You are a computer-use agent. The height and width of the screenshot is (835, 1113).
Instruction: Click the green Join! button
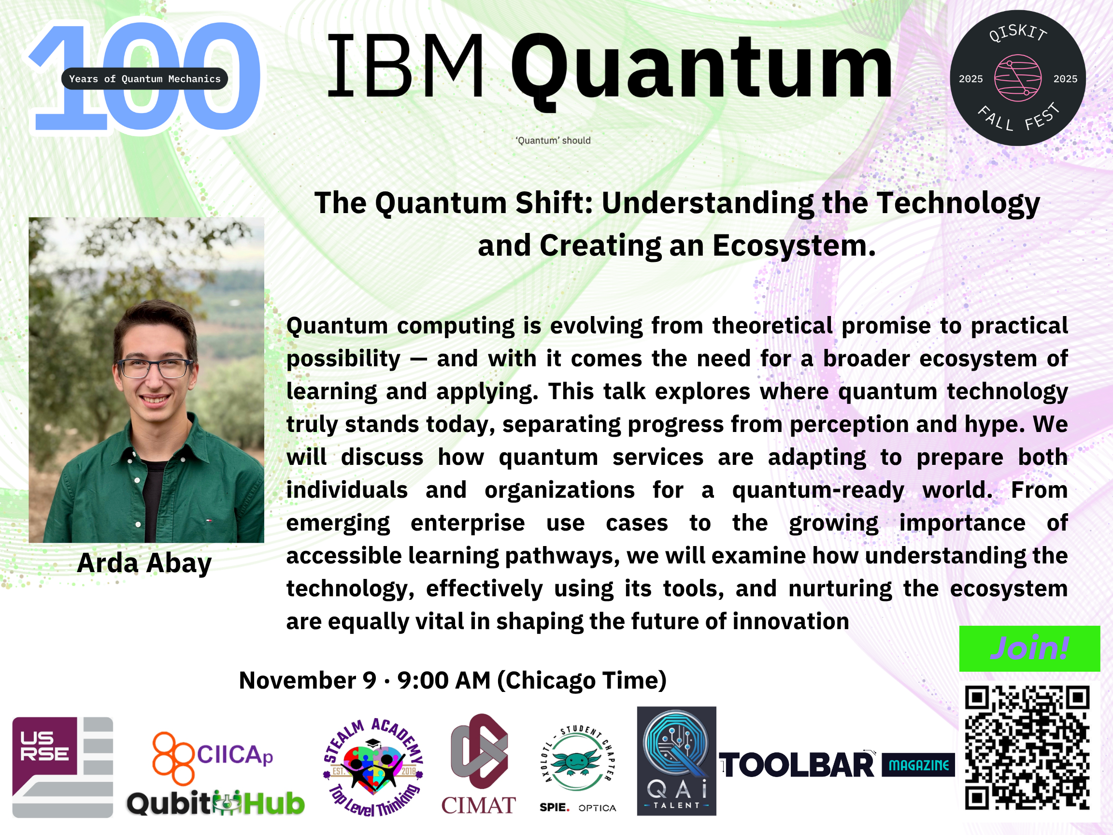(x=1029, y=648)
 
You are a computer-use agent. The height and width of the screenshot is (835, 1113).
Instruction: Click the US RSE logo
(x=62, y=767)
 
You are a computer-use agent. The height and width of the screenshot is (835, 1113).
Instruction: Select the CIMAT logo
(x=479, y=764)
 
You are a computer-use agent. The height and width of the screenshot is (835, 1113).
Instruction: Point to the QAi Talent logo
(x=676, y=761)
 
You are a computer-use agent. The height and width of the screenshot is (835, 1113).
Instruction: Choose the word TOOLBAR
(x=797, y=765)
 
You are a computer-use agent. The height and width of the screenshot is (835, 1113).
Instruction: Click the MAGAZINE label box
(x=918, y=765)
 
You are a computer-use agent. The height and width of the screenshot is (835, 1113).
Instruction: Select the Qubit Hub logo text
(x=216, y=803)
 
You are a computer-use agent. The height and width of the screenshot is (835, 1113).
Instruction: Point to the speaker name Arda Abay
(x=144, y=562)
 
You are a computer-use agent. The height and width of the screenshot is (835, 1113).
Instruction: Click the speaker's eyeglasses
(x=155, y=368)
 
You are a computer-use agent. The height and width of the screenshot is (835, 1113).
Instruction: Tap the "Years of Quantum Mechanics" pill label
(x=144, y=78)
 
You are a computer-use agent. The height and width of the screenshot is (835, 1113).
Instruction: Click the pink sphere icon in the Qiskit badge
(x=1018, y=78)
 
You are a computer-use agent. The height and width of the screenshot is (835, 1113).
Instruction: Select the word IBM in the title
(x=406, y=65)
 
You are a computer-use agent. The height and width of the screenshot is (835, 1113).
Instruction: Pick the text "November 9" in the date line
(x=307, y=680)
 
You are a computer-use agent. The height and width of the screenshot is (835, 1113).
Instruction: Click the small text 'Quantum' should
(x=553, y=141)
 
